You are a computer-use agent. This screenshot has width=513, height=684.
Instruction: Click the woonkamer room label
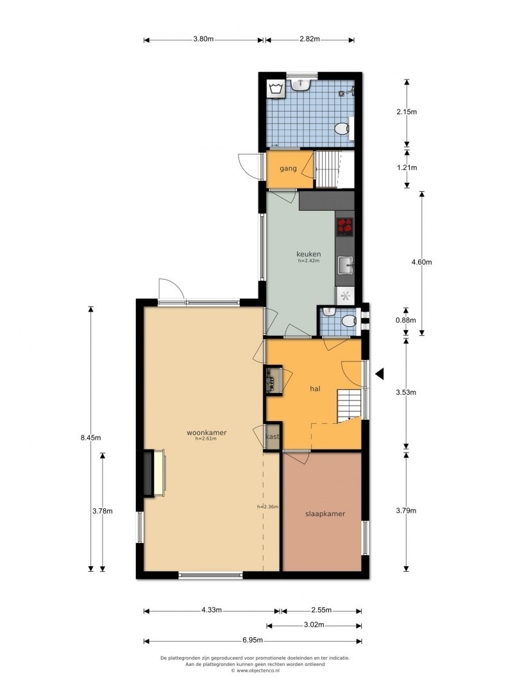(x=206, y=433)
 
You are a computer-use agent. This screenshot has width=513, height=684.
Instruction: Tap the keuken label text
(x=308, y=254)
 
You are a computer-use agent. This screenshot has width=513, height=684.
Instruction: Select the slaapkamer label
(x=325, y=513)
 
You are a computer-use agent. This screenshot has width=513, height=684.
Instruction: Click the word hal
(x=315, y=388)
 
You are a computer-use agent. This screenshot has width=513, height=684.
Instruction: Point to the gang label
(x=288, y=169)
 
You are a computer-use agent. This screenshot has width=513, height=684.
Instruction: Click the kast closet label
(x=273, y=436)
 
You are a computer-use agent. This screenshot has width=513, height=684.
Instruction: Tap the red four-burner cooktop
(x=344, y=226)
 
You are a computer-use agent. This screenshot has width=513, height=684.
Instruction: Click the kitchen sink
(x=346, y=265)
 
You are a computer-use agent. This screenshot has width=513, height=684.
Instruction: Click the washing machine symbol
(x=276, y=89)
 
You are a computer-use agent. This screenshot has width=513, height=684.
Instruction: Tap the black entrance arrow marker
(x=380, y=373)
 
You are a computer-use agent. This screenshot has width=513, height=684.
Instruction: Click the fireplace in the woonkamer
(x=154, y=473)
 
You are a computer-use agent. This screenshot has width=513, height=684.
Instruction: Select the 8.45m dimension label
(x=90, y=438)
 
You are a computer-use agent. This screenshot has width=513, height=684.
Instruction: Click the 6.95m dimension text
(x=253, y=640)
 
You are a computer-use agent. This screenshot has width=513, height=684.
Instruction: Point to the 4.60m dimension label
(x=422, y=262)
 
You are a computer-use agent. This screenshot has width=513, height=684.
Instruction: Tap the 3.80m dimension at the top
(x=203, y=39)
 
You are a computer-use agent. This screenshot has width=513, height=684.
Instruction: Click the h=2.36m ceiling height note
(x=268, y=506)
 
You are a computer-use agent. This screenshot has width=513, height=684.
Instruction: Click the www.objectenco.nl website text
(x=255, y=671)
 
